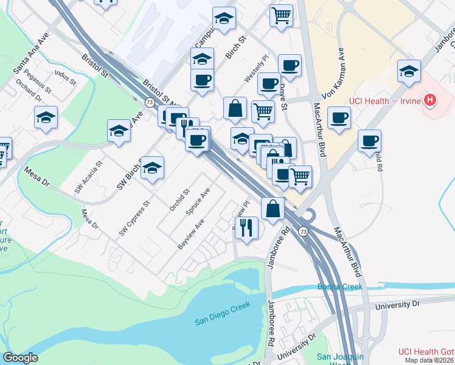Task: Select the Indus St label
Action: (65, 77)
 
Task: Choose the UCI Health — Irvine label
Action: (384, 100)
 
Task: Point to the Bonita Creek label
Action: (339, 287)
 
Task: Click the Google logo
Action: (21, 358)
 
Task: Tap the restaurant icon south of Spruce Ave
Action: (246, 227)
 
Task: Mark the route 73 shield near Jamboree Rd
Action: (302, 231)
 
